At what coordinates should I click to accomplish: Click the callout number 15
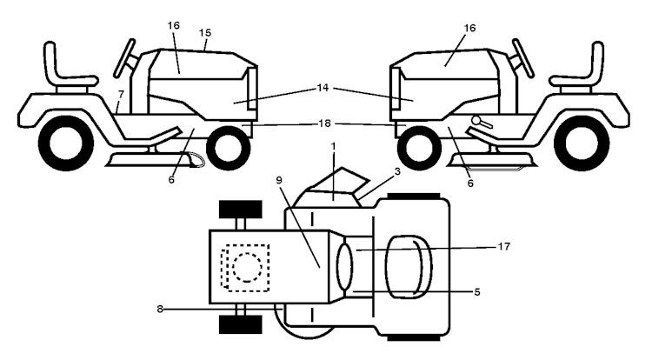(205, 32)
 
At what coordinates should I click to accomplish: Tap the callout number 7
(121, 95)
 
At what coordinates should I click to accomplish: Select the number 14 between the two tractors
(323, 88)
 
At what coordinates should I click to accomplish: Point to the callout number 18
(324, 123)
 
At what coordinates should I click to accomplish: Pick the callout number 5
(477, 292)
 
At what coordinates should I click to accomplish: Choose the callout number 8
(160, 309)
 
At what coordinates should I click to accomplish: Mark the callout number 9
(279, 180)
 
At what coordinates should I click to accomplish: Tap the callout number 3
(397, 171)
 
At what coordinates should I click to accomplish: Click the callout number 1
(333, 146)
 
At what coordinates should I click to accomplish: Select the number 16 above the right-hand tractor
(469, 28)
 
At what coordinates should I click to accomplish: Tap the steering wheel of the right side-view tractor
(523, 57)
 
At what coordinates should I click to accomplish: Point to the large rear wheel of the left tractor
(66, 143)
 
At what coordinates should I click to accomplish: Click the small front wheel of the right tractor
(420, 148)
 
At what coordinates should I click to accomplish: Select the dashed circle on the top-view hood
(248, 268)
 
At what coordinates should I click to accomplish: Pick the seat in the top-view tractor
(409, 267)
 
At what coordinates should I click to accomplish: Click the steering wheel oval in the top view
(344, 267)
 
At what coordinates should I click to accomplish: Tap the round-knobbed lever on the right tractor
(482, 122)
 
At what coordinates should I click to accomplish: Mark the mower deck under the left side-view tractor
(155, 160)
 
